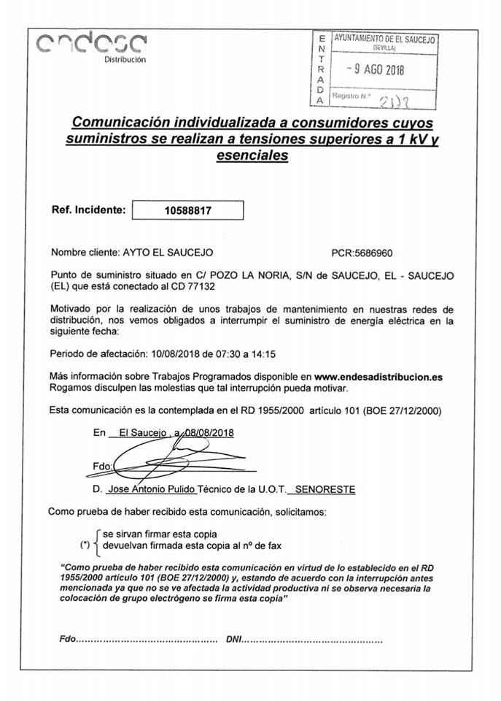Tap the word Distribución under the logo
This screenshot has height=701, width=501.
coord(125,58)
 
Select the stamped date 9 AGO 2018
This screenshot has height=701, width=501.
coord(375,69)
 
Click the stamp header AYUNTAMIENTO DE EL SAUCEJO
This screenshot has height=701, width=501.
coord(384,38)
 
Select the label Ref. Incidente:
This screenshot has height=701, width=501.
coord(88,210)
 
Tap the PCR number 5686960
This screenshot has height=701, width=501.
coord(373,253)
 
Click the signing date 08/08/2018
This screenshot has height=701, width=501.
coord(207,432)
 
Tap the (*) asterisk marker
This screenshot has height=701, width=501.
coord(85,545)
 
